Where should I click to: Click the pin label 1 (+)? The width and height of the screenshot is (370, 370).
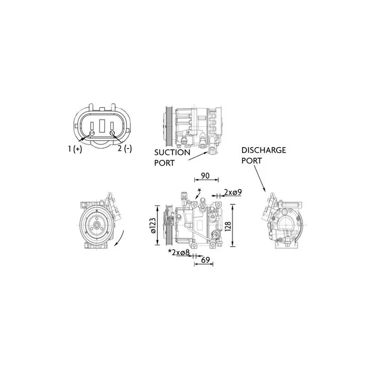pos(75,149)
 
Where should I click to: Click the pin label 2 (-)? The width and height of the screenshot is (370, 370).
pos(125,148)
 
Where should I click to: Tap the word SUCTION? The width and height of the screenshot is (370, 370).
pos(172,153)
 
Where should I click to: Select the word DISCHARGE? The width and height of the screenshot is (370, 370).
pos(264,150)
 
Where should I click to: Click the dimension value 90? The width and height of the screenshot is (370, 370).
pos(205,176)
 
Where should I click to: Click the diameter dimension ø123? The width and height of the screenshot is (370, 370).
pos(153,226)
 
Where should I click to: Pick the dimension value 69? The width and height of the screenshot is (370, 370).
pos(205,260)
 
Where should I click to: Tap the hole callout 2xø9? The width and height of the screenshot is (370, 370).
pos(233,192)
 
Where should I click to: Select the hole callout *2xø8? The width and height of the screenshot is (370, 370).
pos(179,252)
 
